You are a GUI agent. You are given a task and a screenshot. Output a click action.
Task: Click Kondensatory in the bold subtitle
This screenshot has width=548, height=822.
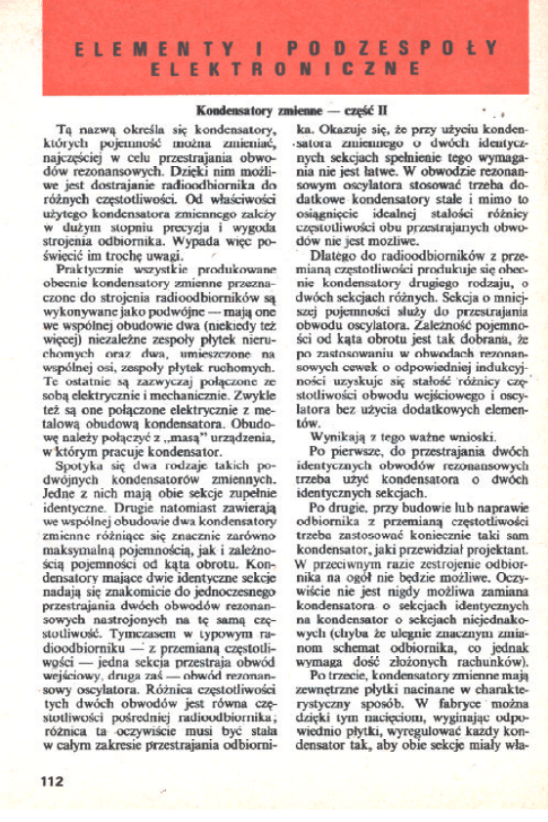(231, 111)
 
